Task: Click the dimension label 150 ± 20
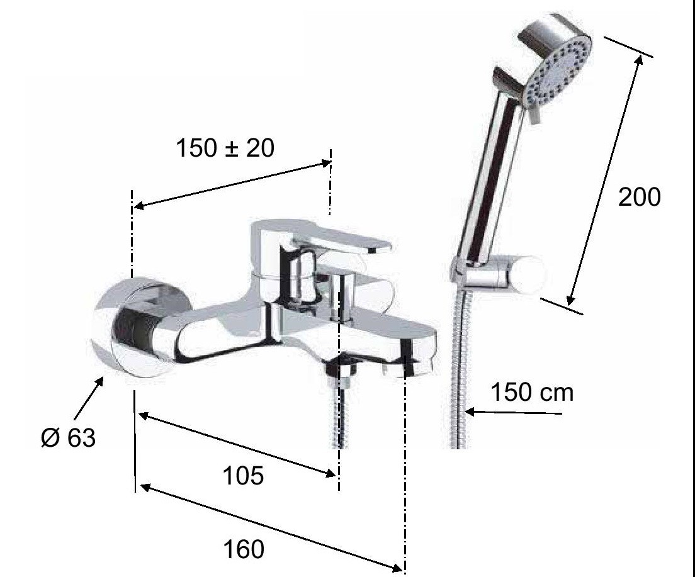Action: click(x=225, y=148)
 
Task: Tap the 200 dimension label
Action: click(x=639, y=197)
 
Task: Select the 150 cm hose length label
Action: click(x=532, y=392)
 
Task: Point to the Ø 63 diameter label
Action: click(x=68, y=438)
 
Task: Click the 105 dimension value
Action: click(x=243, y=476)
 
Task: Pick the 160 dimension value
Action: click(x=244, y=549)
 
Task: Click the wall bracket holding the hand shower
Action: click(x=497, y=275)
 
